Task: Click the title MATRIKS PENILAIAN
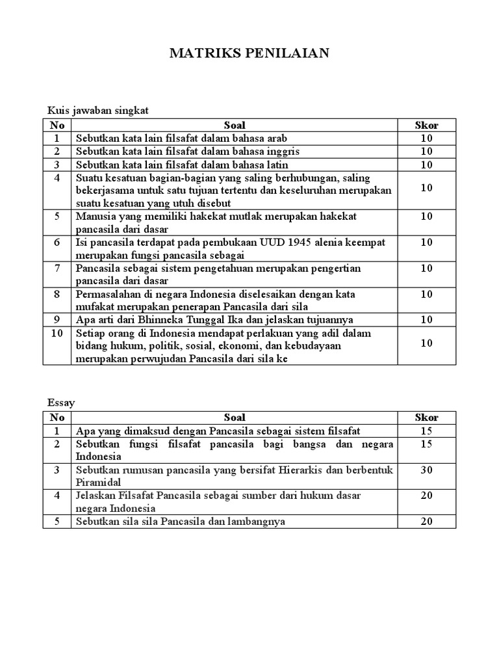[x=249, y=53]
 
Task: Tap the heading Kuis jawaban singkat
[x=98, y=111]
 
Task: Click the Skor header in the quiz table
[x=426, y=125]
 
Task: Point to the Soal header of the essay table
[x=235, y=418]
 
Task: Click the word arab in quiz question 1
[x=275, y=139]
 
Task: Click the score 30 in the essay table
[x=426, y=470]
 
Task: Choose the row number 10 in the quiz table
[x=57, y=333]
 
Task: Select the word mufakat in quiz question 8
[x=96, y=306]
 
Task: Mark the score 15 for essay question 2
[x=426, y=444]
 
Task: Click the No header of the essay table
[x=57, y=418]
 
